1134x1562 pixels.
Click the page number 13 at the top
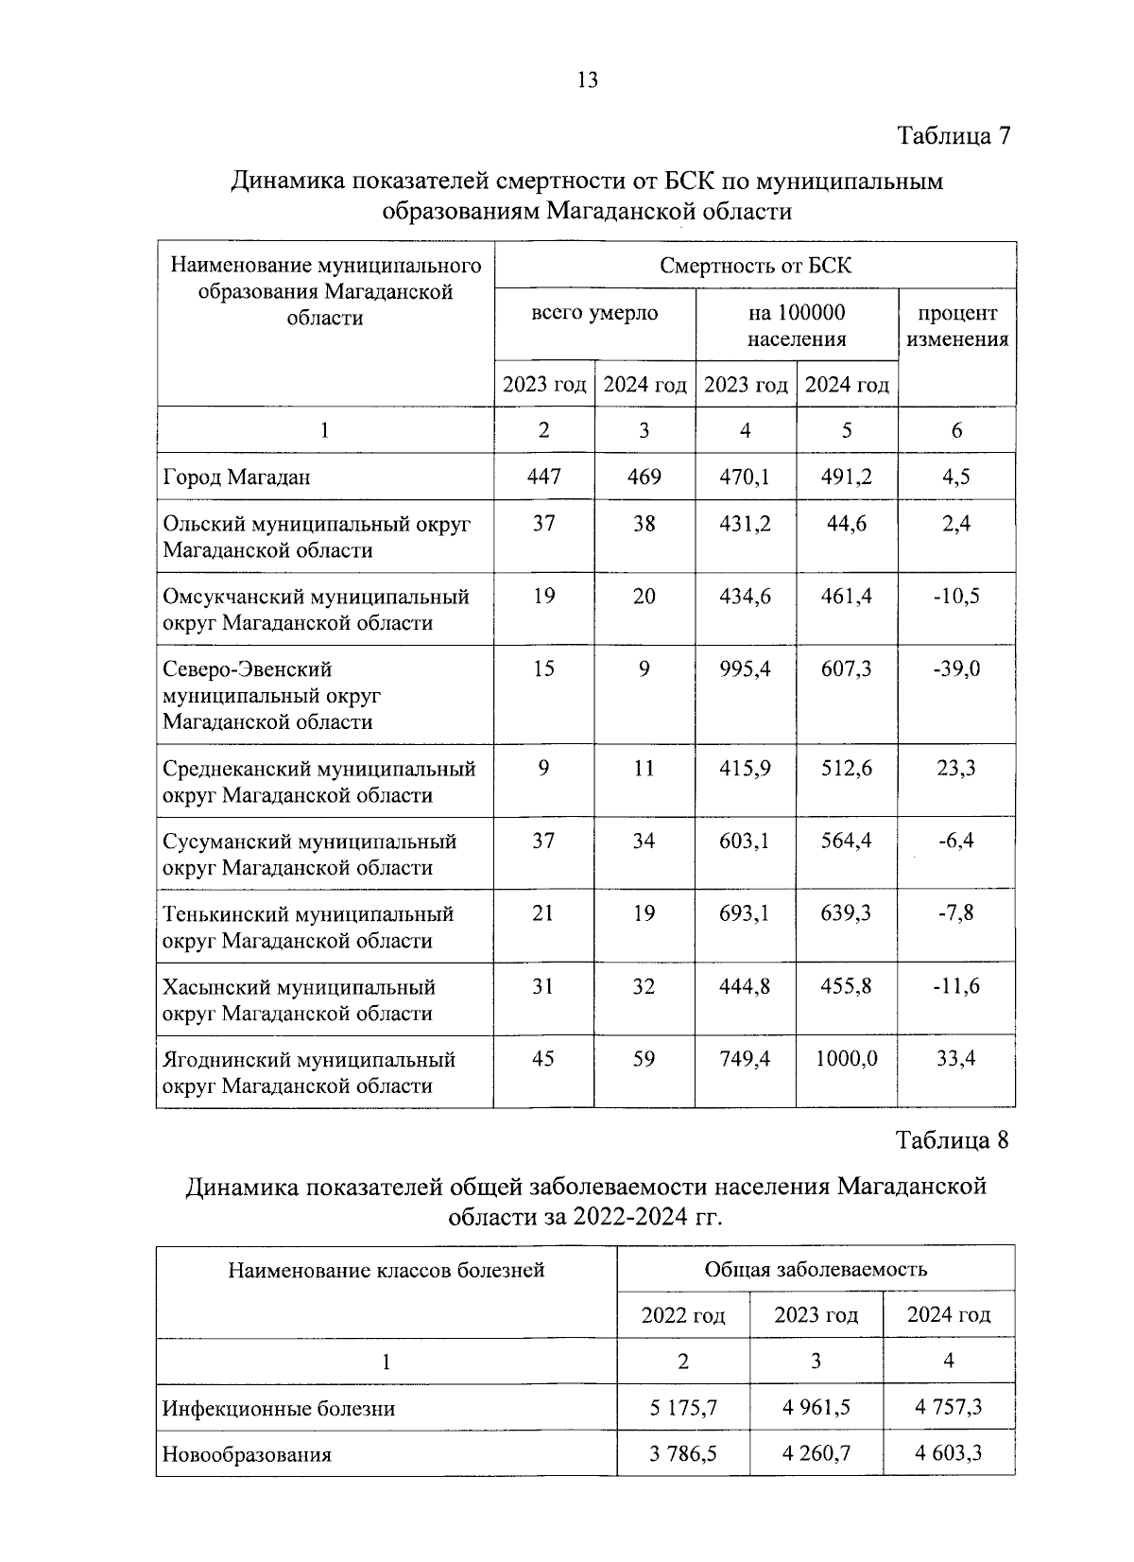coord(587,80)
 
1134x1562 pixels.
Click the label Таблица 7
coord(954,136)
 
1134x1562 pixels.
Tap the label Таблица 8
coord(953,1140)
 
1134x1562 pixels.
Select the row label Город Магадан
coord(236,477)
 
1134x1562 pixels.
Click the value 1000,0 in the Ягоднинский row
coord(847,1059)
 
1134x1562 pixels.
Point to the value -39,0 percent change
coord(956,669)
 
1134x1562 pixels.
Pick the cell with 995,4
coord(745,669)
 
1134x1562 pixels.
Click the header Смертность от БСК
coord(755,266)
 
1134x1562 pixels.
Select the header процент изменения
coord(957,326)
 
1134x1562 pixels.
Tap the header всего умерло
coord(594,313)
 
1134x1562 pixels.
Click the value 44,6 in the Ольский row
coord(847,524)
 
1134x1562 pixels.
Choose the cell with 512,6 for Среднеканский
coord(847,769)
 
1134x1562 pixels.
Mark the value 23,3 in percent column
coord(956,769)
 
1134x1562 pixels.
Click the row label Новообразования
coord(247,1454)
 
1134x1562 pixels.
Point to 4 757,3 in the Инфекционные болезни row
coord(949,1407)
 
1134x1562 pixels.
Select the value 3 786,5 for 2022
coord(683,1453)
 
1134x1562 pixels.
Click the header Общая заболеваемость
coord(816,1269)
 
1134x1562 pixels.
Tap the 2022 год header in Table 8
coord(683,1315)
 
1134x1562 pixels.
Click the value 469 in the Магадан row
coord(644,477)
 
